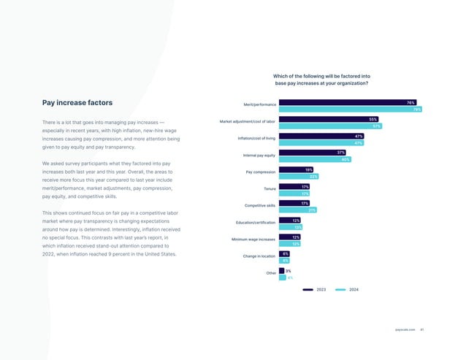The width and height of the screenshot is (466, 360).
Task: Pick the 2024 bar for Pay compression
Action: pyautogui.click(x=299, y=176)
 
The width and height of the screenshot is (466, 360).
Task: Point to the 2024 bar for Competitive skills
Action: pyautogui.click(x=298, y=210)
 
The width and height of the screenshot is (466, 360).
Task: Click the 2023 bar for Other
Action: pyautogui.click(x=282, y=270)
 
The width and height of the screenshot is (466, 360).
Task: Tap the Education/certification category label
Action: pyautogui.click(x=256, y=223)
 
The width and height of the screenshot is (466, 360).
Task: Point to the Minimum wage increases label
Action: pyautogui.click(x=253, y=240)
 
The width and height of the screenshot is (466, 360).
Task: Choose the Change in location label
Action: pyautogui.click(x=259, y=256)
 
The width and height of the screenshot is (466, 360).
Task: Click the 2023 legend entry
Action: pyautogui.click(x=316, y=290)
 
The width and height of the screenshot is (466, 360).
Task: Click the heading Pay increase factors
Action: pyautogui.click(x=77, y=103)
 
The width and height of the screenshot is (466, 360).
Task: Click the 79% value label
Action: pyautogui.click(x=417, y=110)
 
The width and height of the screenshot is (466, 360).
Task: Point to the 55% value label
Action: pyautogui.click(x=373, y=119)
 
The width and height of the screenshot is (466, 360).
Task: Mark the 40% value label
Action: pyautogui.click(x=345, y=159)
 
